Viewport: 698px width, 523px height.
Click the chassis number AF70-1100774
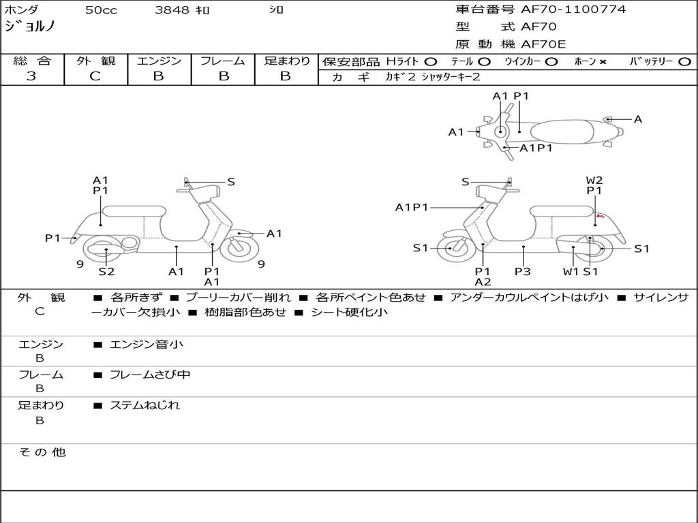click(573, 10)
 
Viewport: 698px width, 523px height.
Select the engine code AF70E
click(543, 44)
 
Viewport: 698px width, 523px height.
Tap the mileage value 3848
click(172, 10)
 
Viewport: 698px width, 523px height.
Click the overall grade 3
click(31, 76)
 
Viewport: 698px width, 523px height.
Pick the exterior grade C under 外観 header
click(95, 76)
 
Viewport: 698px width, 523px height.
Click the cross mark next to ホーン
click(603, 62)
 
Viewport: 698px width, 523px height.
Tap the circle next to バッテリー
click(684, 62)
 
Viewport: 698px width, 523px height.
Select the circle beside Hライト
click(431, 62)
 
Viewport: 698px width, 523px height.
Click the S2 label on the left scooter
click(106, 271)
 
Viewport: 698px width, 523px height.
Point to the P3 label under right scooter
click(523, 271)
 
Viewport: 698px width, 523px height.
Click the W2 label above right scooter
click(594, 180)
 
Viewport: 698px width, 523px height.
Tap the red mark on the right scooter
click(600, 216)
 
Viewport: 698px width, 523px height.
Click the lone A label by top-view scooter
click(638, 119)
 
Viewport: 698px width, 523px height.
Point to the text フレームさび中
click(150, 375)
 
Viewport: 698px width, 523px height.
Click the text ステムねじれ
click(145, 406)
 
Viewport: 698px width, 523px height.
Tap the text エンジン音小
click(146, 344)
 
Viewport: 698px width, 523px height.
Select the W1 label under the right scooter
click(571, 271)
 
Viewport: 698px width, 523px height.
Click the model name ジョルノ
click(29, 27)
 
